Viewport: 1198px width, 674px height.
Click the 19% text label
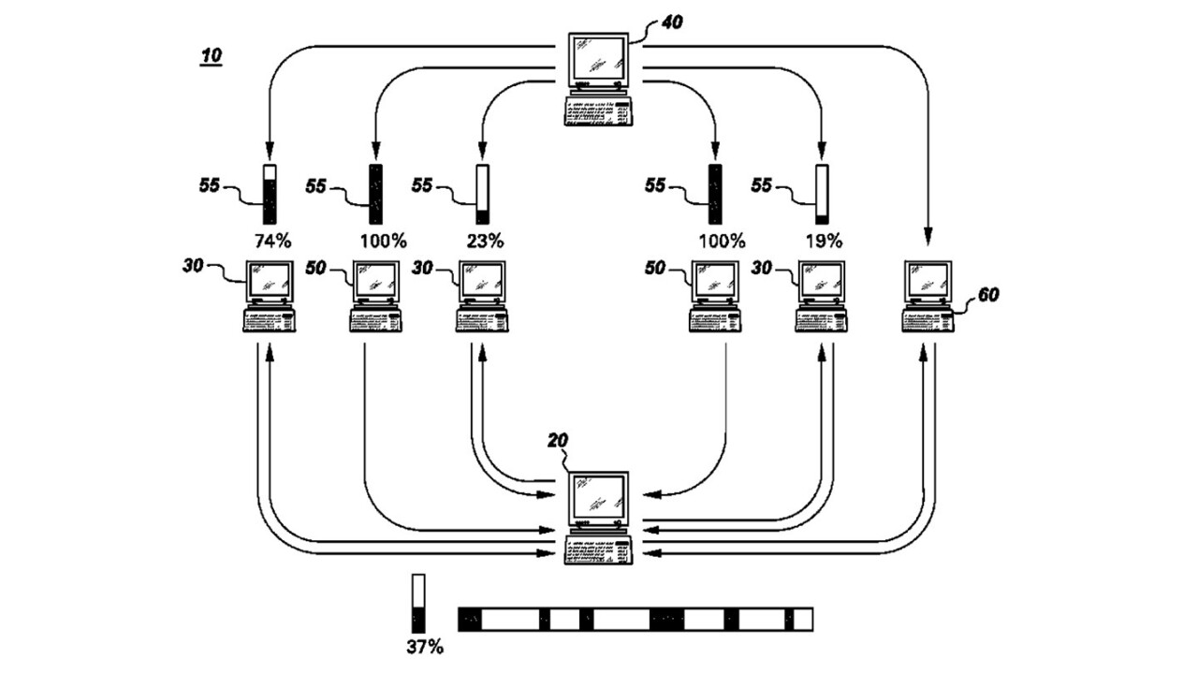(823, 240)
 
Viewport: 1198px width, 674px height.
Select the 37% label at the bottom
(424, 647)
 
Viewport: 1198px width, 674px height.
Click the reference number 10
(211, 56)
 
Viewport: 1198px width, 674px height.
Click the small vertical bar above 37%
(418, 603)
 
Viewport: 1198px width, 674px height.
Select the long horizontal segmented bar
(635, 619)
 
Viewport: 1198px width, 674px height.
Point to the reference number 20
(558, 440)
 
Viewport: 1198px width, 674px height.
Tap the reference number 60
(986, 295)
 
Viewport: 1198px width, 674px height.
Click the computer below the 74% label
(270, 295)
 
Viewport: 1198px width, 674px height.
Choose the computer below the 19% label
(823, 295)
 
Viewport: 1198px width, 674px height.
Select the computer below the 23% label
(484, 295)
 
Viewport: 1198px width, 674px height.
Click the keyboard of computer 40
(599, 111)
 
